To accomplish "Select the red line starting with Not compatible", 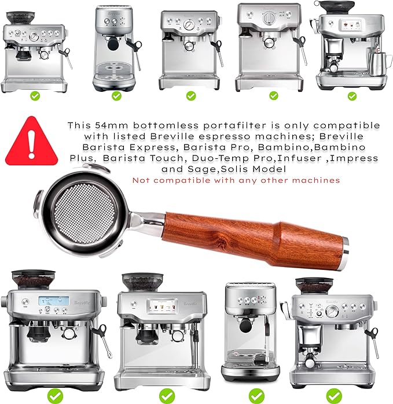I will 236,180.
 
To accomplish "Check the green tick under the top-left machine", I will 34,95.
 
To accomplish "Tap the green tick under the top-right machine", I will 352,96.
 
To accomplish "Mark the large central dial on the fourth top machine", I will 269,18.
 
